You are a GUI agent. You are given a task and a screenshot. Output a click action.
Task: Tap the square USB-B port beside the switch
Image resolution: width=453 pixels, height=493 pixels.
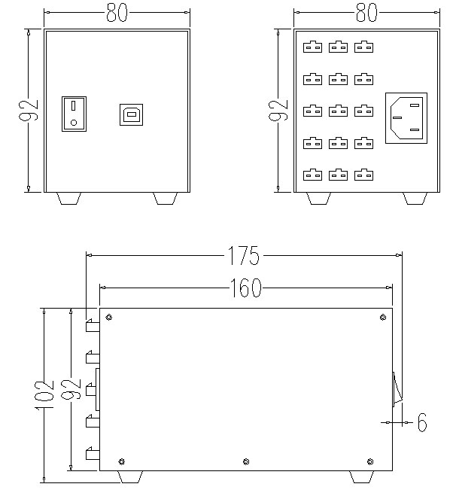click(x=130, y=114)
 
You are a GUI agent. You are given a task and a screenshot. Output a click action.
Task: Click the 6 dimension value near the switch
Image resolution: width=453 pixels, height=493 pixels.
click(x=421, y=423)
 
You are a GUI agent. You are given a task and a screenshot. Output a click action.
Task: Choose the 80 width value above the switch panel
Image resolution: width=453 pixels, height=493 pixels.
click(x=116, y=14)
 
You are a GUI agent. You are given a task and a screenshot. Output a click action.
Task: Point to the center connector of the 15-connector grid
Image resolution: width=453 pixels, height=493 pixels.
click(x=338, y=111)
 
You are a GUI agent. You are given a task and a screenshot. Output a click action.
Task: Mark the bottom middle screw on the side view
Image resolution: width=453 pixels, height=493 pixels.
click(x=245, y=461)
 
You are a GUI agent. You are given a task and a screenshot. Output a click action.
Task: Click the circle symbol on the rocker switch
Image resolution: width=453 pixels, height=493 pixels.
click(x=73, y=122)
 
